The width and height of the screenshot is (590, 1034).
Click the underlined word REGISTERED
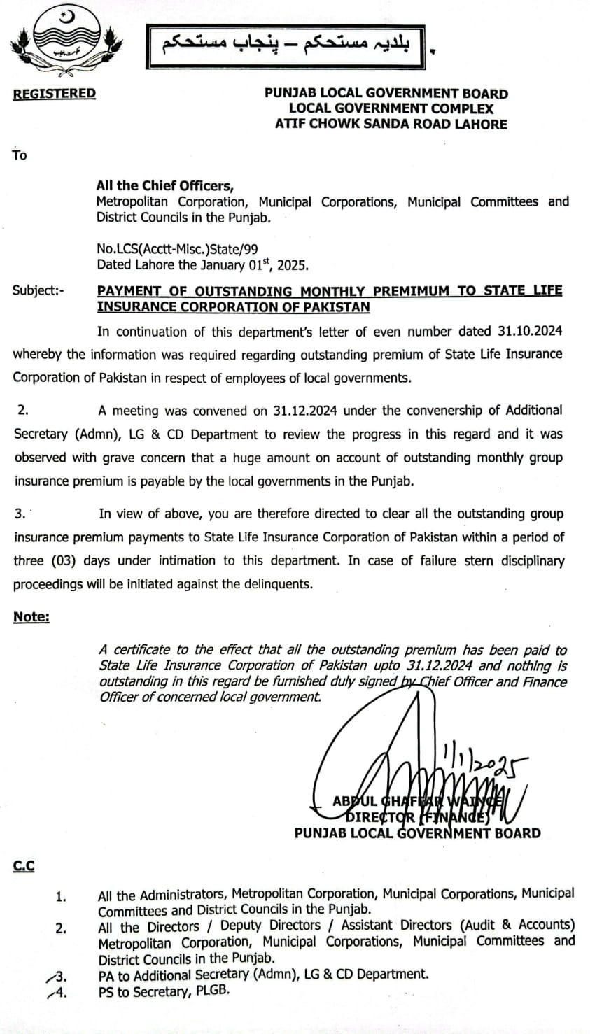(x=54, y=94)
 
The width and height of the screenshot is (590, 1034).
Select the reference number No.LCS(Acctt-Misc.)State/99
(x=172, y=248)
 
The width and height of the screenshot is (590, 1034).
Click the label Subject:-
(x=38, y=290)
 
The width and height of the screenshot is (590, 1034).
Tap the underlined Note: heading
(x=31, y=617)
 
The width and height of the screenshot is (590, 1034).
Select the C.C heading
(x=23, y=867)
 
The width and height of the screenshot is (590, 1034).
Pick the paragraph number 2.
(x=22, y=411)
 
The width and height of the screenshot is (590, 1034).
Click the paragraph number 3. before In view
(x=20, y=514)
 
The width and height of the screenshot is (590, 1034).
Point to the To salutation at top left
(x=20, y=155)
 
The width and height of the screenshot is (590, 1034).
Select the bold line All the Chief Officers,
(x=164, y=185)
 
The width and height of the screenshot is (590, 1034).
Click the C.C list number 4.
(x=62, y=991)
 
